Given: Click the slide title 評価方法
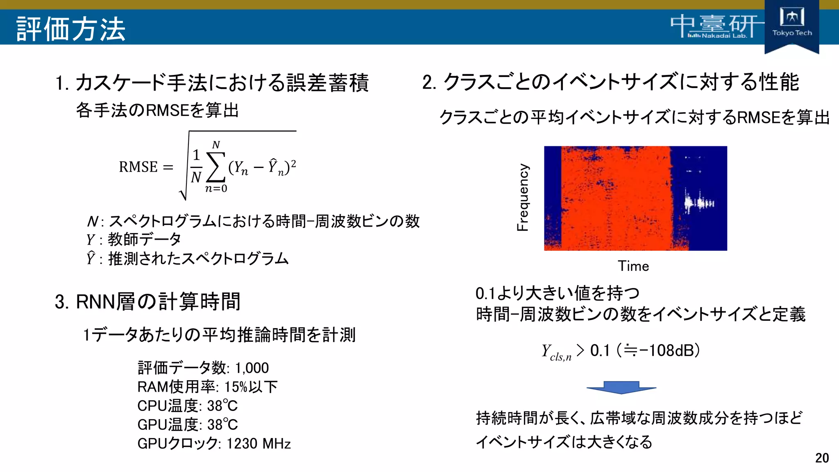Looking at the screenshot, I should pos(70,29).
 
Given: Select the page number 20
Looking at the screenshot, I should pos(822,458).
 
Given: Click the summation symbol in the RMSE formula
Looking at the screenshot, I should pos(216,167).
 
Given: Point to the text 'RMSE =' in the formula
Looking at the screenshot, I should pos(146,167).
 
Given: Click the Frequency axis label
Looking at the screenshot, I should pos(523,197).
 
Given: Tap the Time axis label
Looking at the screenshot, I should pos(633,266).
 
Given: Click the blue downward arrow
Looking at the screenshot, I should pos(621,387).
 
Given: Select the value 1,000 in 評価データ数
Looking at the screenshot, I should pos(252,368).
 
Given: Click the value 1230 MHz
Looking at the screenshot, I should pos(259,444).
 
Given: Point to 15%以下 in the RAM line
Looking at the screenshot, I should pos(251,387).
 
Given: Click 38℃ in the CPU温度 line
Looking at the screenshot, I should pos(222,406).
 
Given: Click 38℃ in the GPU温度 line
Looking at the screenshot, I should pos(222,424).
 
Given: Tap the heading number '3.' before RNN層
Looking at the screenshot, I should pos(62,302).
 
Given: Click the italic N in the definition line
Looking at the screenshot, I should pos(92,222).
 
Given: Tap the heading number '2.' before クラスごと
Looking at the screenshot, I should pos(429,82).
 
